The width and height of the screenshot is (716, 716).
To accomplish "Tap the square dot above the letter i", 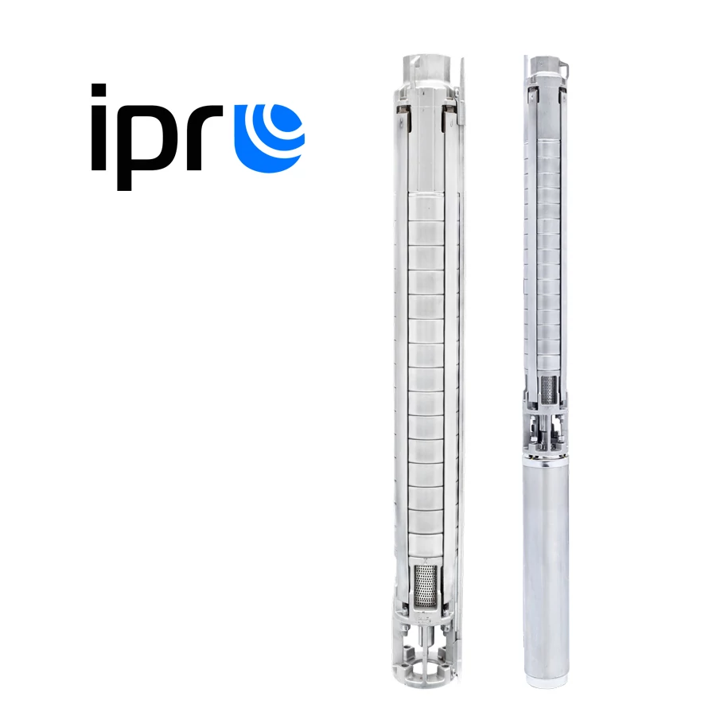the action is pyautogui.click(x=99, y=90).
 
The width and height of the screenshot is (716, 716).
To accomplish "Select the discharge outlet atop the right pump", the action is pyautogui.click(x=545, y=65).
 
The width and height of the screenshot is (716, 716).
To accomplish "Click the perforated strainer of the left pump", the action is pyautogui.click(x=425, y=586).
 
